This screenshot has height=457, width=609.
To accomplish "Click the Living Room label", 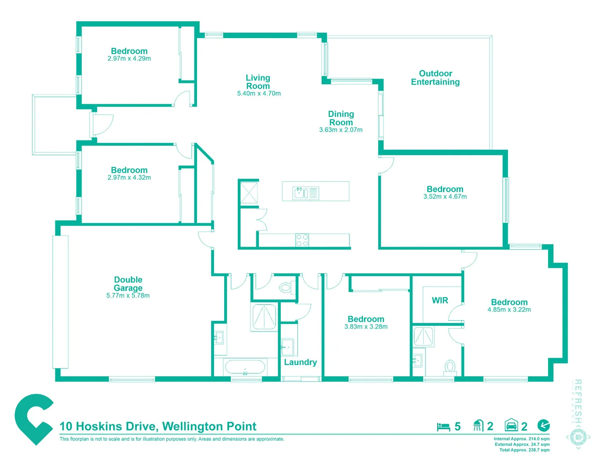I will (x=258, y=82).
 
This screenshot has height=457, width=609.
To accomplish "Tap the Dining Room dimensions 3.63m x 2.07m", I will (x=340, y=130).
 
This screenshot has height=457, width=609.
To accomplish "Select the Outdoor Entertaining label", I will (x=435, y=78).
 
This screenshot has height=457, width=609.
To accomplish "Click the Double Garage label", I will (x=128, y=284).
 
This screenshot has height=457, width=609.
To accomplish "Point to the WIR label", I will (x=440, y=300).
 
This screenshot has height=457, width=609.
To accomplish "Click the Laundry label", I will (x=300, y=362).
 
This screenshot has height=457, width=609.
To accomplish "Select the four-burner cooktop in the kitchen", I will (x=302, y=240).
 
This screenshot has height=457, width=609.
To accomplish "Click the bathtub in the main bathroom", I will (x=245, y=366).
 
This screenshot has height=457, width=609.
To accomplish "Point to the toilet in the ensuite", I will (x=450, y=366).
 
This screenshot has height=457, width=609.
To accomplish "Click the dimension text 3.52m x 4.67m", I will (x=445, y=197).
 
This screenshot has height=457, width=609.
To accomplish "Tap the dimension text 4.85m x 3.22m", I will (x=509, y=310).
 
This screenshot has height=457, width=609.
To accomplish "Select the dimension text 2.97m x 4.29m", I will (x=129, y=59).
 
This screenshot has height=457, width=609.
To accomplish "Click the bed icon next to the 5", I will (x=443, y=427).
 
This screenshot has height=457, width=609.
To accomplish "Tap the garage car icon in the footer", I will (x=511, y=425).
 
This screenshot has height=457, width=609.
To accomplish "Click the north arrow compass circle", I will (x=543, y=425).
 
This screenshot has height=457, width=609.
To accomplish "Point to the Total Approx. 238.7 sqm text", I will (x=524, y=450).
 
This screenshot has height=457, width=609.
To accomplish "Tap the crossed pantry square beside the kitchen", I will (x=249, y=193).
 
